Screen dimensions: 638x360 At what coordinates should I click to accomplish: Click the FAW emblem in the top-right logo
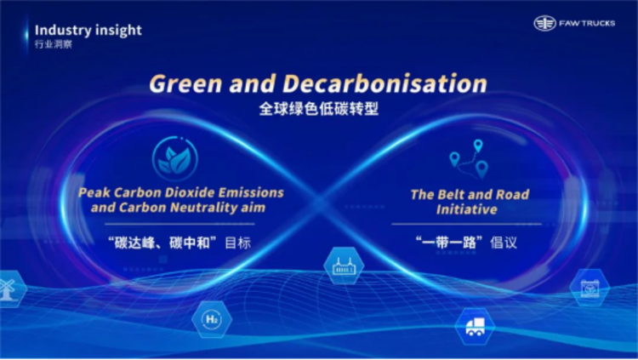point(544,23)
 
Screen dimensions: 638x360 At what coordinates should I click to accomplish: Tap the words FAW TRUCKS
point(587,24)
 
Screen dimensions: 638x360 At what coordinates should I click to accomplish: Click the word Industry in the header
point(63,30)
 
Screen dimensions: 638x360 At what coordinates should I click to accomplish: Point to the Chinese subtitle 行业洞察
point(54,44)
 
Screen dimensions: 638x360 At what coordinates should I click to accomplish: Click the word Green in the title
point(185,83)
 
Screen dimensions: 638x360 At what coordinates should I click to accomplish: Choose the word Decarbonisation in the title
point(385,83)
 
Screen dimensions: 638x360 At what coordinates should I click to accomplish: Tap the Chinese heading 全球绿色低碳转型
point(319,109)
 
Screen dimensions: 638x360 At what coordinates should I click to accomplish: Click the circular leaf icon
point(175,158)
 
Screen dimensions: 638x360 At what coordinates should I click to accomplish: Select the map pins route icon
point(469,159)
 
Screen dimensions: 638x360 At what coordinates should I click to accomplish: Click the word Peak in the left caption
point(94,192)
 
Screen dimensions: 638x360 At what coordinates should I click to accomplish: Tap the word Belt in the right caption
point(446,195)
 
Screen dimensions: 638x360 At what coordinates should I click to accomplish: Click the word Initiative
point(467,209)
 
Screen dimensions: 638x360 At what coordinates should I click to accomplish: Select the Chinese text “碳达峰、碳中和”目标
point(179,243)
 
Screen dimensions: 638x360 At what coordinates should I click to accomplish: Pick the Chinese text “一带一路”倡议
point(466,243)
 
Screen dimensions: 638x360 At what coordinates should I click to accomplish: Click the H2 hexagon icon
point(212,319)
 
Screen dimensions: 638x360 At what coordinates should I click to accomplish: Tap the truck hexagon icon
point(475,327)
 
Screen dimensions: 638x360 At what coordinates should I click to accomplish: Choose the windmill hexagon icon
point(9,289)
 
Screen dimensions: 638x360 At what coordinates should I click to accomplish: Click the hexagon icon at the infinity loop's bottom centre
point(344,266)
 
